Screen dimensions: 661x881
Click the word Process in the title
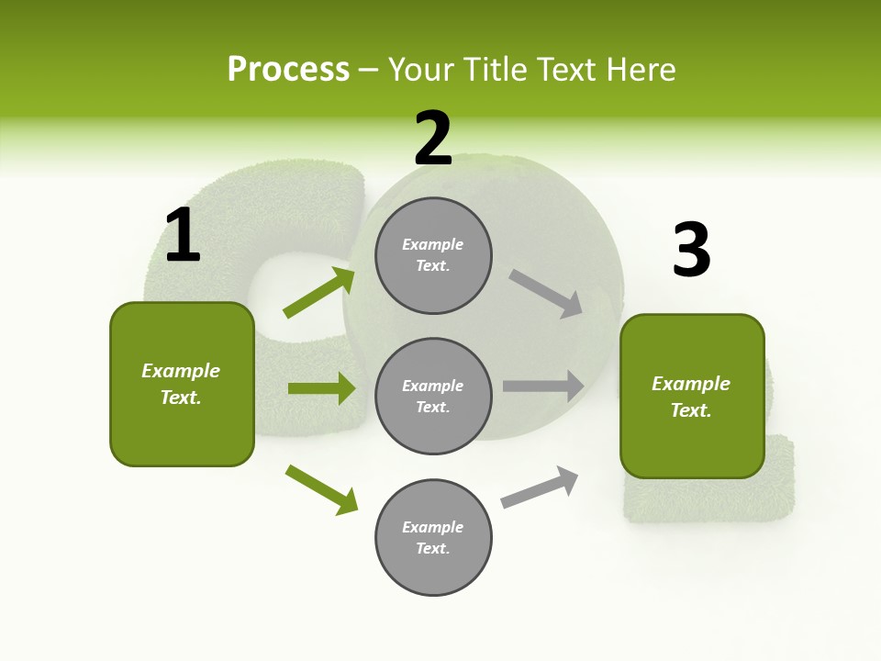[x=288, y=70]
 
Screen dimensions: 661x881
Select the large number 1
[x=183, y=236]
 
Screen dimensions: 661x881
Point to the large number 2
[x=433, y=139]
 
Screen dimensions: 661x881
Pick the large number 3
[x=691, y=250]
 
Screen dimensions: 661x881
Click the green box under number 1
[x=182, y=384]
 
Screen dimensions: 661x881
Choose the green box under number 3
[x=692, y=397]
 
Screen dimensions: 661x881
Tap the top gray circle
[x=433, y=255]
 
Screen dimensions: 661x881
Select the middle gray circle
[x=433, y=397]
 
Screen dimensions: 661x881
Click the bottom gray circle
[x=433, y=538]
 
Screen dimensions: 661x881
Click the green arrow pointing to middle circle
[x=321, y=388]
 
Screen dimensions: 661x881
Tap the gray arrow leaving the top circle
[x=546, y=294]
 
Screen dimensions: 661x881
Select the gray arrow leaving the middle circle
[x=543, y=387]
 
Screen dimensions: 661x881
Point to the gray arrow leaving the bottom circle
[x=540, y=487]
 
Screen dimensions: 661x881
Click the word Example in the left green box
[x=181, y=371]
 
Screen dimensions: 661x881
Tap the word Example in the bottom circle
[x=433, y=527]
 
